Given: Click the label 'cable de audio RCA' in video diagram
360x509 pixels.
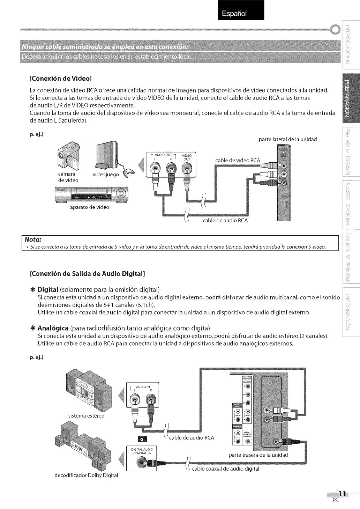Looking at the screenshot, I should [225, 220].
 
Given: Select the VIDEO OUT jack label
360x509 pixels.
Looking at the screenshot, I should [187, 157].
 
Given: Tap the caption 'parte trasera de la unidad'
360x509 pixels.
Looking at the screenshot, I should [258, 455].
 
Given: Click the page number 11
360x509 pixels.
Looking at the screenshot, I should [343, 493].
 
